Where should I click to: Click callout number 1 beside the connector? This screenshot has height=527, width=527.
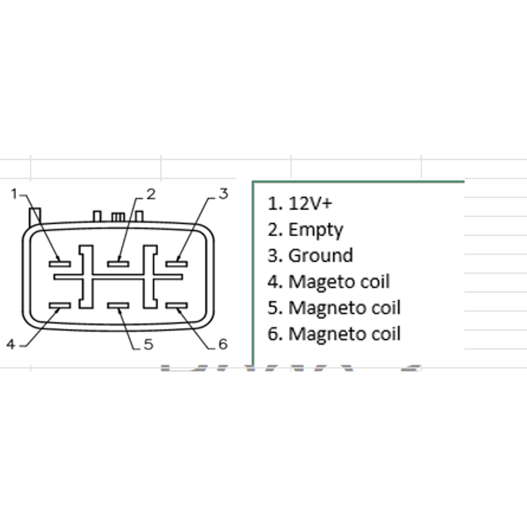(x=14, y=194)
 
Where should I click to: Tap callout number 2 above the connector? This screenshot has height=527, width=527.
(x=151, y=194)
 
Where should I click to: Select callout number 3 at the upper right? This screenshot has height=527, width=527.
(x=224, y=194)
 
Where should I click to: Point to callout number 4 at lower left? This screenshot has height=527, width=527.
(x=10, y=345)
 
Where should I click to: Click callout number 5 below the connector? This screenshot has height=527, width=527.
(x=149, y=345)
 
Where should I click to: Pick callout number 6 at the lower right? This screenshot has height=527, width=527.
(x=223, y=344)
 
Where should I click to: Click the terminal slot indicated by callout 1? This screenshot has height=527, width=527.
(x=60, y=264)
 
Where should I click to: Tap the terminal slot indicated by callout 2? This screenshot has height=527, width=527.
(x=118, y=264)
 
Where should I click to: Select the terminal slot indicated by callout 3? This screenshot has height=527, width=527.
(x=177, y=264)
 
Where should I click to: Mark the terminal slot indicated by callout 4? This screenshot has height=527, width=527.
(x=60, y=306)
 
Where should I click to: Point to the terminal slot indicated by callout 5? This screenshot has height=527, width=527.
(x=118, y=306)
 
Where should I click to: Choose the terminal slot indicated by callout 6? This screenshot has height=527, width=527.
(x=177, y=306)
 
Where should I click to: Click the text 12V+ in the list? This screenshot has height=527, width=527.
(x=310, y=203)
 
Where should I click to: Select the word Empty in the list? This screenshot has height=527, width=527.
(x=316, y=230)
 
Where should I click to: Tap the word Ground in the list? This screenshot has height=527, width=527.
(x=321, y=255)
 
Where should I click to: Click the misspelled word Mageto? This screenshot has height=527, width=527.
(x=322, y=282)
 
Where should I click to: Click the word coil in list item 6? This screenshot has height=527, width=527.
(x=386, y=334)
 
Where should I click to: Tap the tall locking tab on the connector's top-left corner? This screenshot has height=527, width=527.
(x=35, y=217)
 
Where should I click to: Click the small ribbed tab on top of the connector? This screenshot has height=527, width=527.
(x=118, y=217)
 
